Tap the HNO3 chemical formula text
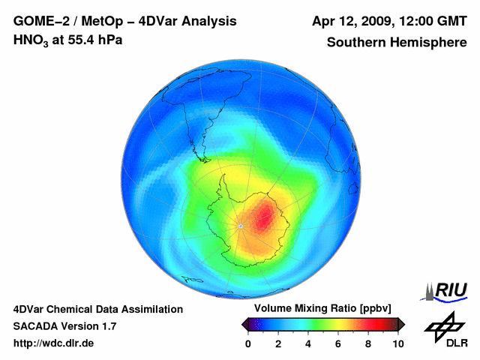pyautogui.click(x=32, y=40)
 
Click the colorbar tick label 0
pyautogui.click(x=248, y=343)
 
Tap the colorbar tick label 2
pyautogui.click(x=278, y=343)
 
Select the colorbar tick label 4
pyautogui.click(x=308, y=343)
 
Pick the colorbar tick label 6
pyautogui.click(x=338, y=343)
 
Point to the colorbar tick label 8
pyautogui.click(x=368, y=343)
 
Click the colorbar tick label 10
pyautogui.click(x=397, y=343)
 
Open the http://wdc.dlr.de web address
pyautogui.click(x=54, y=343)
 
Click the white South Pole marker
pyautogui.click(x=240, y=226)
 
